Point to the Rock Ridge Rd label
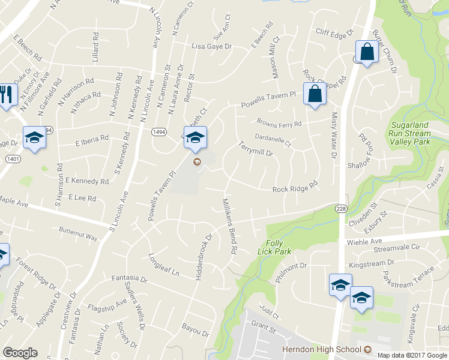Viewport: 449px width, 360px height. pyautogui.click(x=294, y=189)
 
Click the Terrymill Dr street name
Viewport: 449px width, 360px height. pyautogui.click(x=255, y=149)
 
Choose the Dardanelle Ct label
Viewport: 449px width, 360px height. pyautogui.click(x=273, y=140)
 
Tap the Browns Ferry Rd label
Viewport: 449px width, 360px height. pyautogui.click(x=279, y=122)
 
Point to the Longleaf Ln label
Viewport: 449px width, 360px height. pyautogui.click(x=164, y=265)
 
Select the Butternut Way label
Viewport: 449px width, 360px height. pyautogui.click(x=78, y=233)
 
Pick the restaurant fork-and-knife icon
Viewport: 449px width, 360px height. pyautogui.click(x=7, y=94)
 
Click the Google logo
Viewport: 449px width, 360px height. pyautogui.click(x=20, y=353)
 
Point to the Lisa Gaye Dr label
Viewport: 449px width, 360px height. pyautogui.click(x=211, y=46)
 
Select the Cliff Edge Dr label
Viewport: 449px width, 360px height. pyautogui.click(x=335, y=34)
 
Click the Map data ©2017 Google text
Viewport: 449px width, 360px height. pyautogui.click(x=412, y=355)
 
